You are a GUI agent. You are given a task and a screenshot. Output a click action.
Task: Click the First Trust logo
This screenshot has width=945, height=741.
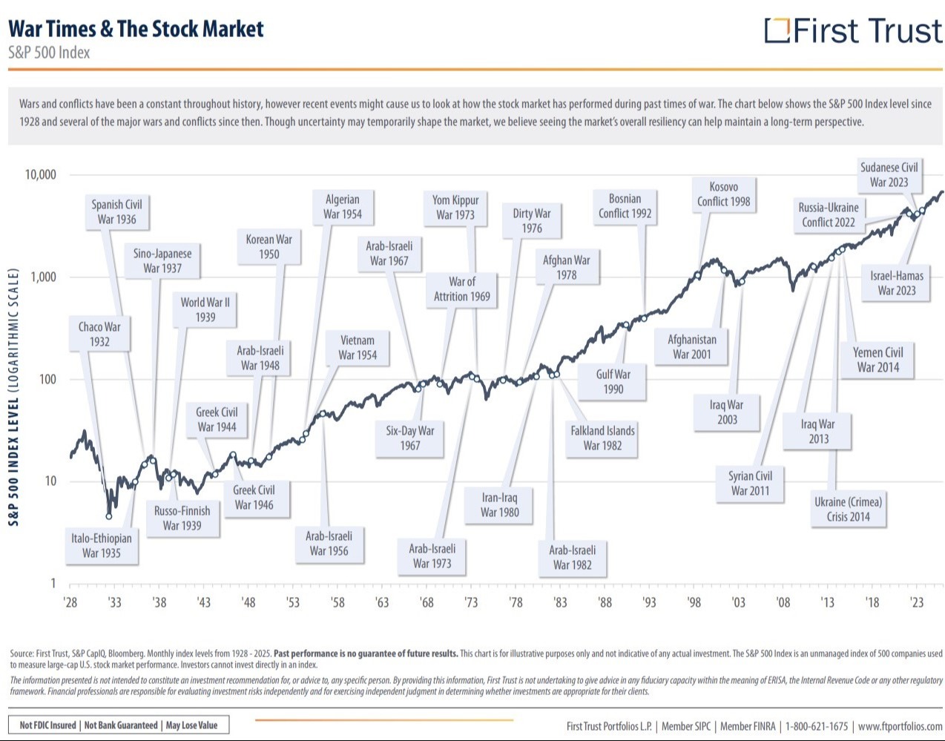tap(853, 30)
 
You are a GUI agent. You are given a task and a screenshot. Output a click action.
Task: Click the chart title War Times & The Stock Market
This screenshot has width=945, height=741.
tap(136, 29)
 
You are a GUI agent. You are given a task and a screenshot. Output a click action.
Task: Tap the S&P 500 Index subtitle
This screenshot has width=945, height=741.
tap(49, 53)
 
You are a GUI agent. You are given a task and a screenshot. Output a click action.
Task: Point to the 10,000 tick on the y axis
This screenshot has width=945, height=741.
tap(41, 175)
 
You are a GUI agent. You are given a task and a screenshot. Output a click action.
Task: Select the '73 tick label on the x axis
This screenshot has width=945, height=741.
tap(470, 602)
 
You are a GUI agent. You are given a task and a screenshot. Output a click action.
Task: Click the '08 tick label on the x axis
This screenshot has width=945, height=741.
tap(783, 602)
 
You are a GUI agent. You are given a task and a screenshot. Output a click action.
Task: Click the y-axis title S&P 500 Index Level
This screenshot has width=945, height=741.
tap(14, 397)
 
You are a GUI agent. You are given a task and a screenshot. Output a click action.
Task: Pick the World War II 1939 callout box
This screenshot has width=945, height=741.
tap(205, 309)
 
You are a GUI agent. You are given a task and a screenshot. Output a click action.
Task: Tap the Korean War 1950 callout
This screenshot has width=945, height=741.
tap(269, 246)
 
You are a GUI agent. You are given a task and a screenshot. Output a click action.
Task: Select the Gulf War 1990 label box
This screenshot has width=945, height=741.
tap(612, 382)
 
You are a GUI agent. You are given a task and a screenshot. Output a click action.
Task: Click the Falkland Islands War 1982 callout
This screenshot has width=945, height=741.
tap(602, 438)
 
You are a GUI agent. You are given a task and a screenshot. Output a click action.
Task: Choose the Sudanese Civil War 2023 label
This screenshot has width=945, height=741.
tap(889, 175)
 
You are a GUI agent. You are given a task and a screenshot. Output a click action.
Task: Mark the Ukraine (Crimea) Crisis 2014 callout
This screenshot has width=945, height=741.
tap(848, 510)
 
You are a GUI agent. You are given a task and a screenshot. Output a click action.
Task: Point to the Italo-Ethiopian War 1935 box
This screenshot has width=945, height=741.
tap(102, 546)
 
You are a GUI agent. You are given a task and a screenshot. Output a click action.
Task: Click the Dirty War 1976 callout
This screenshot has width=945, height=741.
tap(531, 221)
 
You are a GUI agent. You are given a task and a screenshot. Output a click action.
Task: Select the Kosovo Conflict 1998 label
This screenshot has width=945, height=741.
tap(724, 194)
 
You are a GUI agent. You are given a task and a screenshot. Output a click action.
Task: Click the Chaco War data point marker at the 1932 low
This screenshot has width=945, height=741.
tap(109, 516)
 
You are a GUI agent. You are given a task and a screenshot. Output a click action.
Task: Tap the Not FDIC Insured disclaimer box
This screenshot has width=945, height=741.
tap(119, 725)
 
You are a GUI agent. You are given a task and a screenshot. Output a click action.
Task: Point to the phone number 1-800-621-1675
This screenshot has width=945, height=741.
tap(816, 725)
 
